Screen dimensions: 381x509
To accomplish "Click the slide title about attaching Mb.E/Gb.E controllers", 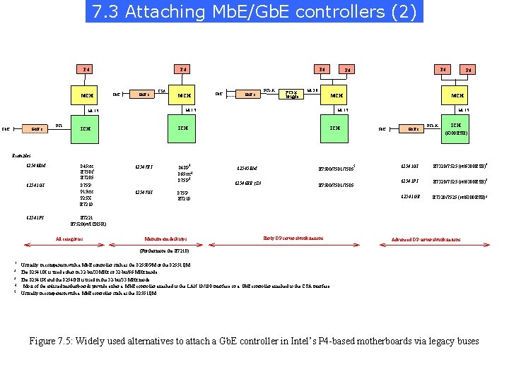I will click(x=255, y=12).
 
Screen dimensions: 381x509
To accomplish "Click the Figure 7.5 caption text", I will click(x=254, y=341).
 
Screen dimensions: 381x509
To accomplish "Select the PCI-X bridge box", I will click(x=292, y=95).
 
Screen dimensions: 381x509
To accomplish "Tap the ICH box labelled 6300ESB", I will click(x=457, y=128).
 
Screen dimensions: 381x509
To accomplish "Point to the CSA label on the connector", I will click(x=162, y=90).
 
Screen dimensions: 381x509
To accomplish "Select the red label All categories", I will click(x=69, y=238).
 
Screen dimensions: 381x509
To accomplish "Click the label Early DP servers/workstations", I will click(x=293, y=238).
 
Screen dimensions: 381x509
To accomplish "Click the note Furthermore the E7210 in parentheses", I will click(x=164, y=251).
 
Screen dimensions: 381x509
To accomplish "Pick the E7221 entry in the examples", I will click(x=86, y=217).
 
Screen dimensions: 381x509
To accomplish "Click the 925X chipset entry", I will click(x=86, y=198).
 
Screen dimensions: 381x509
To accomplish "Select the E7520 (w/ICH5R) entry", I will click(x=93, y=223).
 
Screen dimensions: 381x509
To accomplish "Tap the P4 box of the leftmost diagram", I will click(x=87, y=69).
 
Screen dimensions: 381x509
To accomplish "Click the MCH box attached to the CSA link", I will click(x=185, y=95).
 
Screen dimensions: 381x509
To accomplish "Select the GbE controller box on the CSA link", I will click(x=144, y=95).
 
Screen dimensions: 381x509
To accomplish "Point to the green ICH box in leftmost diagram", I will click(x=86, y=128).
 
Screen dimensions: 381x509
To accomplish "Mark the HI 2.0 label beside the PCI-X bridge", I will click(x=312, y=90).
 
